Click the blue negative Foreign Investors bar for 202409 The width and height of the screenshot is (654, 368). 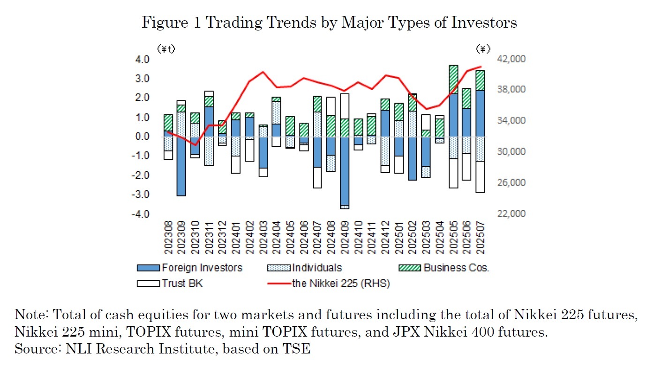345,171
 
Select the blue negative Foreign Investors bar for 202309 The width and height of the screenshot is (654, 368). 181,166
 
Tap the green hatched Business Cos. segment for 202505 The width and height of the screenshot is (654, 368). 453,79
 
